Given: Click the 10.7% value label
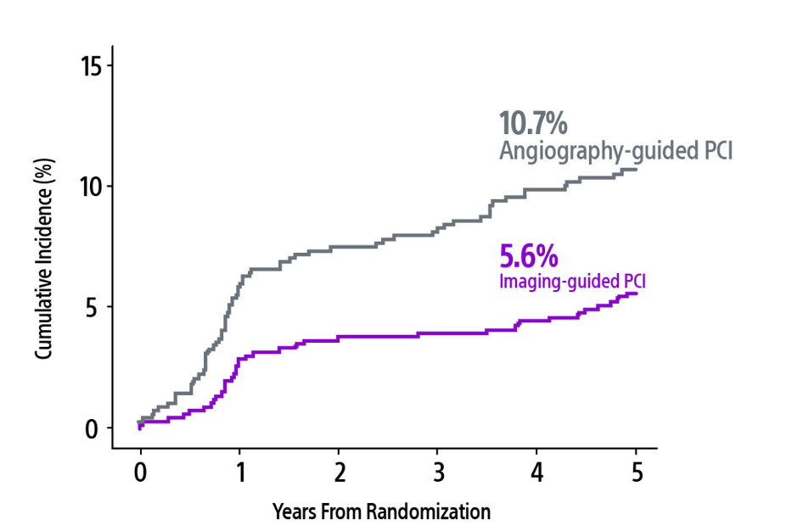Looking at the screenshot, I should coord(532,124).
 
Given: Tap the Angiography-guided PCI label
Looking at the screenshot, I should coord(615,152).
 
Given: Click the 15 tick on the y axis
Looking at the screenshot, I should coord(92,65).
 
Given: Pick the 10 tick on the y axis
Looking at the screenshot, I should coord(92,186).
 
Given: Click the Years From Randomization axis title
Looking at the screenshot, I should coord(381,511).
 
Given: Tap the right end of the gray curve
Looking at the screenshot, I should coord(637,170).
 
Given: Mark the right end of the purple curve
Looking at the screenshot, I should coord(637,293).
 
